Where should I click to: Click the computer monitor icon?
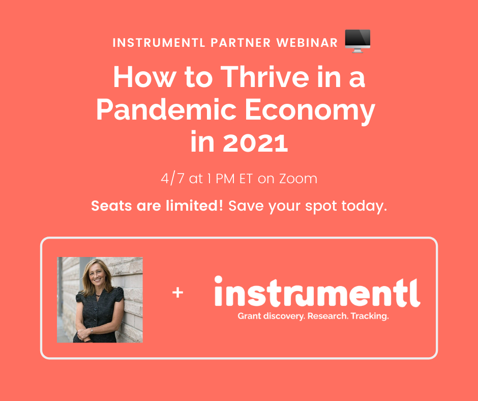pos(357,41)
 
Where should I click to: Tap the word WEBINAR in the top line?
pos(307,43)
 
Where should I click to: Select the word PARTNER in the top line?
pos(241,43)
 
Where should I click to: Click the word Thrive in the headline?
pos(264,77)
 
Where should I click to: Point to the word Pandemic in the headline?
pos(166,110)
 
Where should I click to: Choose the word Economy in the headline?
pos(310,111)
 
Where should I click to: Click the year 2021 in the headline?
pos(255,143)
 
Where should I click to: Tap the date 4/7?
pos(172,179)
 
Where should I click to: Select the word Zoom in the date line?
pos(298,179)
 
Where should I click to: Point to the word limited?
pos(194,206)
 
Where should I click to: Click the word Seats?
pos(111,206)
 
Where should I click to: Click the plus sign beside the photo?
pos(178,293)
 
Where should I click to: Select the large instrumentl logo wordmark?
pos(317,292)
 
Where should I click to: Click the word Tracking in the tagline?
pos(369,316)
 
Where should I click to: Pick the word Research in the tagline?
pos(327,316)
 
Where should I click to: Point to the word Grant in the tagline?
pos(249,316)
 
